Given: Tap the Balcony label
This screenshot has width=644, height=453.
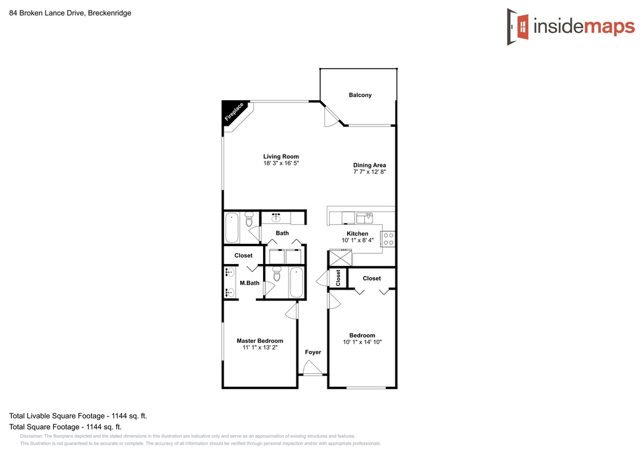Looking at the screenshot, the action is (360, 95).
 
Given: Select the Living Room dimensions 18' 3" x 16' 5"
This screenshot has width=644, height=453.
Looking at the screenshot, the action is (281, 163).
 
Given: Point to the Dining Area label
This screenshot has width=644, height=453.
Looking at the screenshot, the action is (370, 165).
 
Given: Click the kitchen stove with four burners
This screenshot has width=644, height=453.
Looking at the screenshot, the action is (389, 238).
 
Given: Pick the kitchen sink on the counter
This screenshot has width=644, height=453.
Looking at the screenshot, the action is (364, 217).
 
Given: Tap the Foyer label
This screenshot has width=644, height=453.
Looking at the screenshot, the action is (313, 352).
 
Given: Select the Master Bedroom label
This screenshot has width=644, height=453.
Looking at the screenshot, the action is (260, 340).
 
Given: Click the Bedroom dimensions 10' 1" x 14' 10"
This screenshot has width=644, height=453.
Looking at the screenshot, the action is (363, 342).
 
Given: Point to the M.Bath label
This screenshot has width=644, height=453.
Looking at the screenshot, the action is (250, 283).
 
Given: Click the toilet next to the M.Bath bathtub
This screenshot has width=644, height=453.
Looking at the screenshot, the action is (277, 274).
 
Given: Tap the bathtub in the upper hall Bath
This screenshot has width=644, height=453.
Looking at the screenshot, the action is (232, 228).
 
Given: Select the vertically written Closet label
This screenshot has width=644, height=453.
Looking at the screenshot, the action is (338, 278).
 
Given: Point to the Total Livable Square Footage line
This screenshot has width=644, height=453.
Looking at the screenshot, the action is (78, 415).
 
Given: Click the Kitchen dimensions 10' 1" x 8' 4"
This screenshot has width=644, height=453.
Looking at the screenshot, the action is (358, 240).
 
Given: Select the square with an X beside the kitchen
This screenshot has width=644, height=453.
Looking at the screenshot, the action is (340, 258).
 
